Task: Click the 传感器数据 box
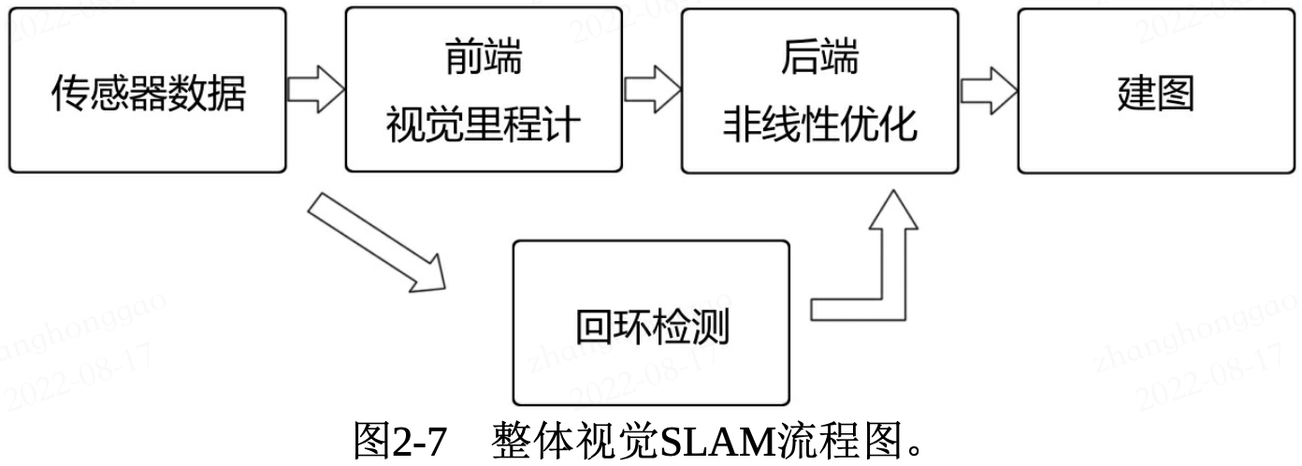147,91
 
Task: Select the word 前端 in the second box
483,61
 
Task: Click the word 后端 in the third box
819,61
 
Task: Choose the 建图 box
1156,91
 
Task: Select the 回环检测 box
651,324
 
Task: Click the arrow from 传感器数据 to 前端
315,91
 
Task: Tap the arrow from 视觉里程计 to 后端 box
652,91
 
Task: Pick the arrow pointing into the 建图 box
989,91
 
